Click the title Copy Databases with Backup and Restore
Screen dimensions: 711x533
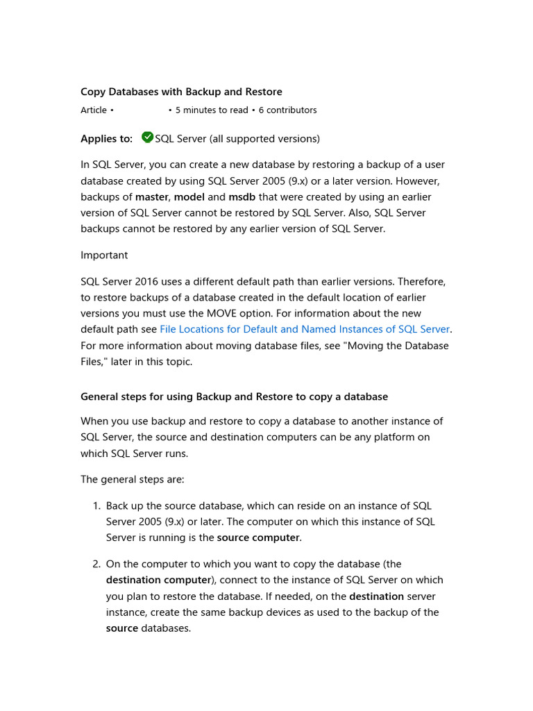tap(181, 92)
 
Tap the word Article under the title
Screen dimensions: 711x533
tap(94, 110)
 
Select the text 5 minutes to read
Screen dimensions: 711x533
tap(211, 110)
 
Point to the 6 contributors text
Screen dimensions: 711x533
tap(287, 110)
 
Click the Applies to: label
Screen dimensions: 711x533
tap(106, 139)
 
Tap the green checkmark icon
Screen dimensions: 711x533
tap(147, 137)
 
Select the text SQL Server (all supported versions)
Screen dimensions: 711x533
tap(237, 139)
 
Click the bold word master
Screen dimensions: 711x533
tap(151, 197)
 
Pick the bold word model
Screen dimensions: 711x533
tap(189, 197)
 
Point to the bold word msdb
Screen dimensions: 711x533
tap(242, 197)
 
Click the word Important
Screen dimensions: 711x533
tap(104, 256)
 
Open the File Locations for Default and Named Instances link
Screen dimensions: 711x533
tap(305, 330)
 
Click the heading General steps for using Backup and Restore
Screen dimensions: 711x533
tap(234, 397)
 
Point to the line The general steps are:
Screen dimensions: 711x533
tap(133, 480)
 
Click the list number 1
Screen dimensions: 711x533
tap(96, 506)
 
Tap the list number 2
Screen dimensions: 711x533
tap(96, 564)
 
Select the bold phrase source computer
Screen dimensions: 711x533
tap(258, 538)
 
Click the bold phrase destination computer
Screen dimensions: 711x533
tap(158, 580)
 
